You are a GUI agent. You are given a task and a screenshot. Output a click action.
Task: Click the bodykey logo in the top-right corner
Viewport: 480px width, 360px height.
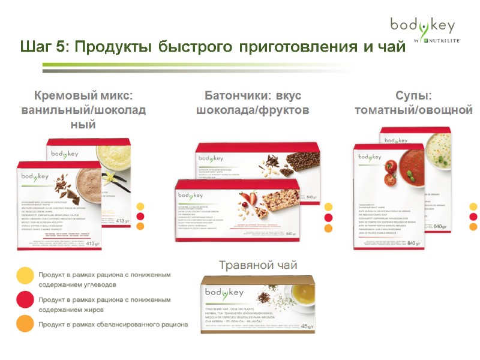tap(422, 26)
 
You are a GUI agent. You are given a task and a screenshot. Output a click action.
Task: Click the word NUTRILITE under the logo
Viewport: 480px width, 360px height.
tap(442, 40)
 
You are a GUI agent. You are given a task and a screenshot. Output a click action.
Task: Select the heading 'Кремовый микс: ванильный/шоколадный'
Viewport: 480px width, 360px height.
tap(83, 110)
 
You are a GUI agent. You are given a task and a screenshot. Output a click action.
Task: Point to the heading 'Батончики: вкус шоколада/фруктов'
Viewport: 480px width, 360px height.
tap(253, 103)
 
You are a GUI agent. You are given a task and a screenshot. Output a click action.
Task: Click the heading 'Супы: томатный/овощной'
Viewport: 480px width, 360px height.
tap(414, 103)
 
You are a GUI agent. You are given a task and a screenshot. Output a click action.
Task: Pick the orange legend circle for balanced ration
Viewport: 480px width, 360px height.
tap(25, 324)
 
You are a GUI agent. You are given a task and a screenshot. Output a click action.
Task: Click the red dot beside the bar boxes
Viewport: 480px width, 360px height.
tap(328, 217)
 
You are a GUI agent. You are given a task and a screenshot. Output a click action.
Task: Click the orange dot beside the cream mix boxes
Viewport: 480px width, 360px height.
tap(140, 227)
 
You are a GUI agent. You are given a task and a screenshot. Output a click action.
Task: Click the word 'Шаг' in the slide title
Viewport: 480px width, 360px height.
tap(37, 47)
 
